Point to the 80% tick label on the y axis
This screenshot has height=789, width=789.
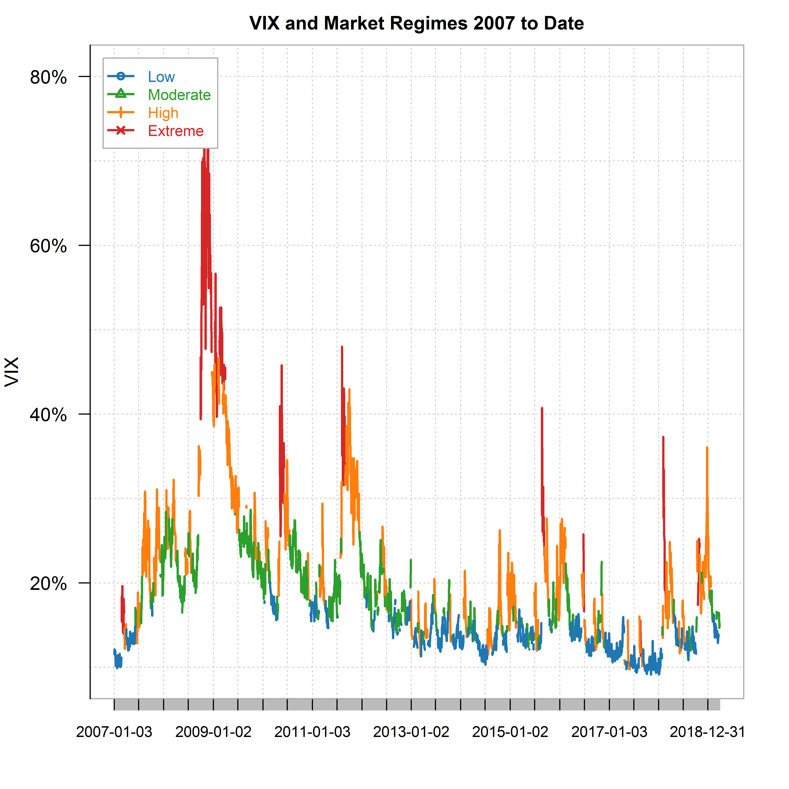coord(48,77)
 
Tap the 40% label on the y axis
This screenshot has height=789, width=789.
coord(48,415)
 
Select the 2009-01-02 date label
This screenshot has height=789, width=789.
coord(213,732)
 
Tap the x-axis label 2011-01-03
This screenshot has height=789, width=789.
coord(312,732)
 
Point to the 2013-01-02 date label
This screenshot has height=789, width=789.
coord(411,732)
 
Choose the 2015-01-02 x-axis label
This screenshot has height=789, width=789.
coord(510,732)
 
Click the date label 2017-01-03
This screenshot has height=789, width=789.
coord(609,732)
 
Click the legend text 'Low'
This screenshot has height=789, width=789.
coord(161,77)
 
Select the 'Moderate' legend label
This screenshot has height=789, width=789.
coord(179,95)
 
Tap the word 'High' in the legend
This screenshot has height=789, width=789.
coord(163,113)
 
